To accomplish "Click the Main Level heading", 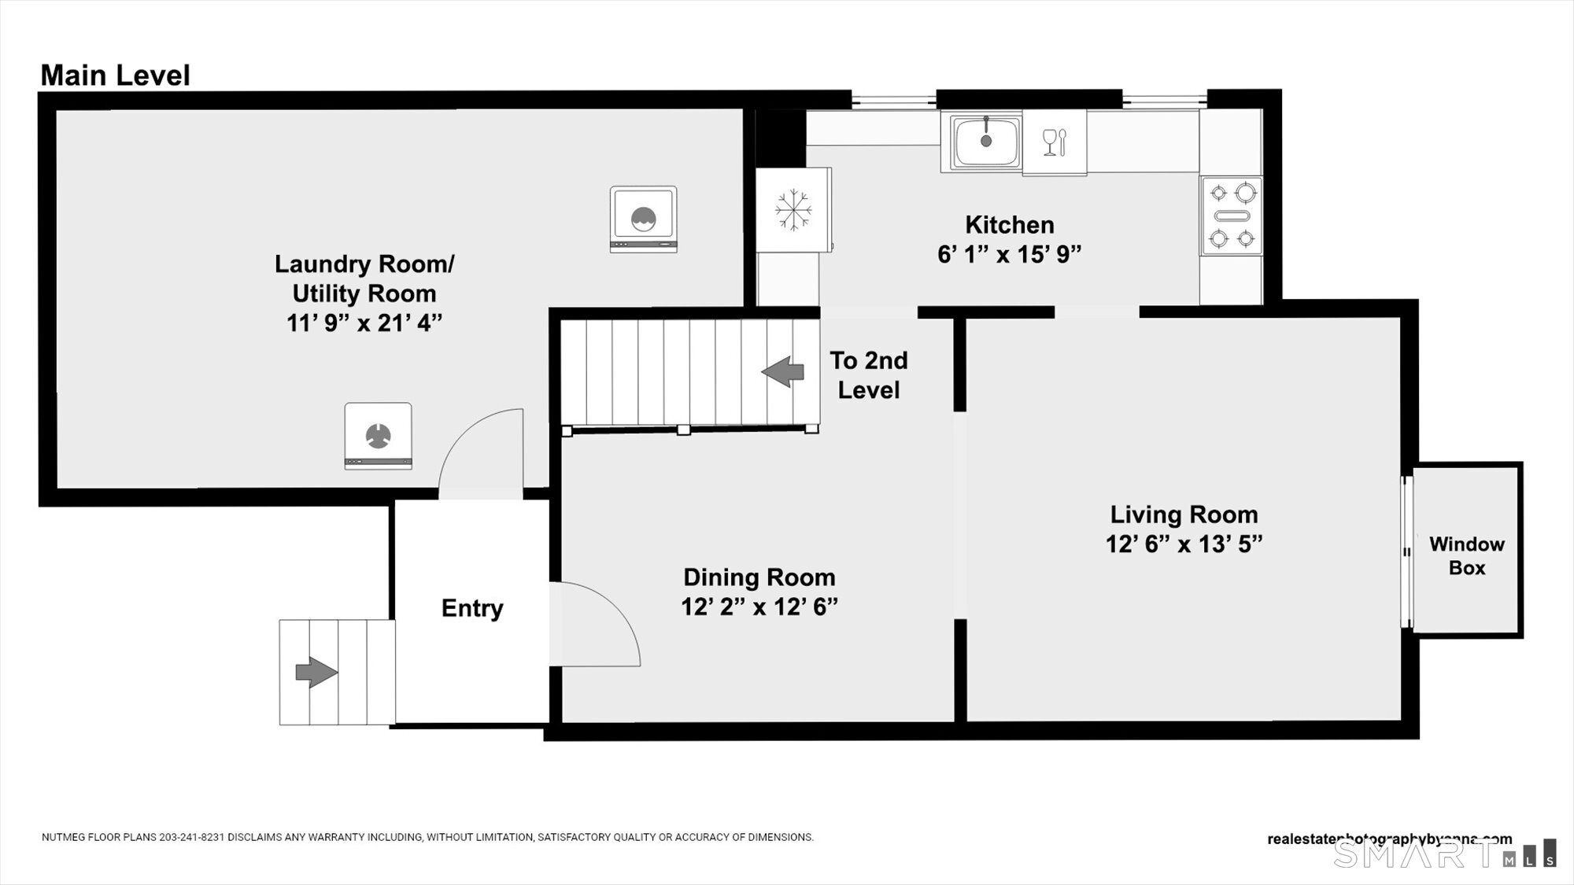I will click(x=115, y=76).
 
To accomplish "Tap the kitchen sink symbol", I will click(x=985, y=142).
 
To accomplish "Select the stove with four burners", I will click(x=1232, y=216).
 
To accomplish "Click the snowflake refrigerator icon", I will click(x=793, y=210).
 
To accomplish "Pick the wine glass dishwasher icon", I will click(x=1054, y=142).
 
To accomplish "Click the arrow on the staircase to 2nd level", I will click(x=783, y=371).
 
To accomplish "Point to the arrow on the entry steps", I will click(x=316, y=672).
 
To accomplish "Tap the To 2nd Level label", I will click(x=868, y=375).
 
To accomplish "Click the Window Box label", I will click(x=1466, y=555).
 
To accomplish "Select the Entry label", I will click(x=471, y=608).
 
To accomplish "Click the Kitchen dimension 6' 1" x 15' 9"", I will click(x=1009, y=254).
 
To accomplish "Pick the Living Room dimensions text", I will click(x=1183, y=544).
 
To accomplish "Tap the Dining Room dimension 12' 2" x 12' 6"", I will click(x=759, y=607).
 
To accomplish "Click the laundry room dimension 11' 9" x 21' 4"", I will click(x=364, y=323).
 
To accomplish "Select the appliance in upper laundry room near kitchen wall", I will click(x=643, y=219).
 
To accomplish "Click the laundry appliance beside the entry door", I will click(x=378, y=436).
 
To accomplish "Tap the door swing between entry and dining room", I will click(x=594, y=624).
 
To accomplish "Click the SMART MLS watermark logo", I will click(x=1444, y=854).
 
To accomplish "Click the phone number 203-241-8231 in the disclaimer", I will click(x=192, y=837).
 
